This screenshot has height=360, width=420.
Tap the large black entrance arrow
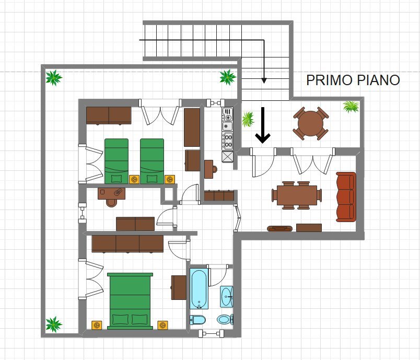pos(263,125)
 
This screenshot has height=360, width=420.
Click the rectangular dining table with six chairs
pos(297,195)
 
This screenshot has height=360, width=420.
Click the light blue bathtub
pos(200,289)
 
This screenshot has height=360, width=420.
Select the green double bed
pos(130,301)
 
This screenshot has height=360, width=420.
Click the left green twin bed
pos(116,160)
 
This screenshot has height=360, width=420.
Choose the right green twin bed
pos(152,160)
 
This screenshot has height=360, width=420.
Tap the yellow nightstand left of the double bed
pos(96,325)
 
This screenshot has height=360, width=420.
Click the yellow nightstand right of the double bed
pos(163,325)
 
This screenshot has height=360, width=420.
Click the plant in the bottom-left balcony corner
pos(53,324)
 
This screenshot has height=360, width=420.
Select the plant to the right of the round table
pos(351,107)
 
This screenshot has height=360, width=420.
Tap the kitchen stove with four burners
pos(228,141)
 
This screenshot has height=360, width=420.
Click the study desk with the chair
pos(111,193)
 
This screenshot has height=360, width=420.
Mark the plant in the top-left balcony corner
pos(53,78)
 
